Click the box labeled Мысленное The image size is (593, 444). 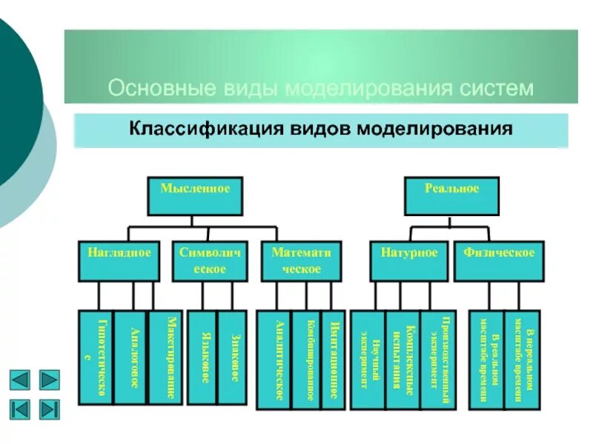click(195, 195)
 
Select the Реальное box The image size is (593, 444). click(451, 195)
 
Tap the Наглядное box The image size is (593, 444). click(119, 260)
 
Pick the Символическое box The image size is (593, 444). click(210, 260)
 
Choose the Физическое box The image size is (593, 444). click(499, 260)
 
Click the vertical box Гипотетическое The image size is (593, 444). click(96, 357)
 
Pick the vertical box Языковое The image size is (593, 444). click(202, 357)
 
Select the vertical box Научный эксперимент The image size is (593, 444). click(368, 359)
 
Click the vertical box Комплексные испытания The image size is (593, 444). click(402, 359)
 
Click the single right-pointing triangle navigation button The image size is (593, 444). click(49, 380)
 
